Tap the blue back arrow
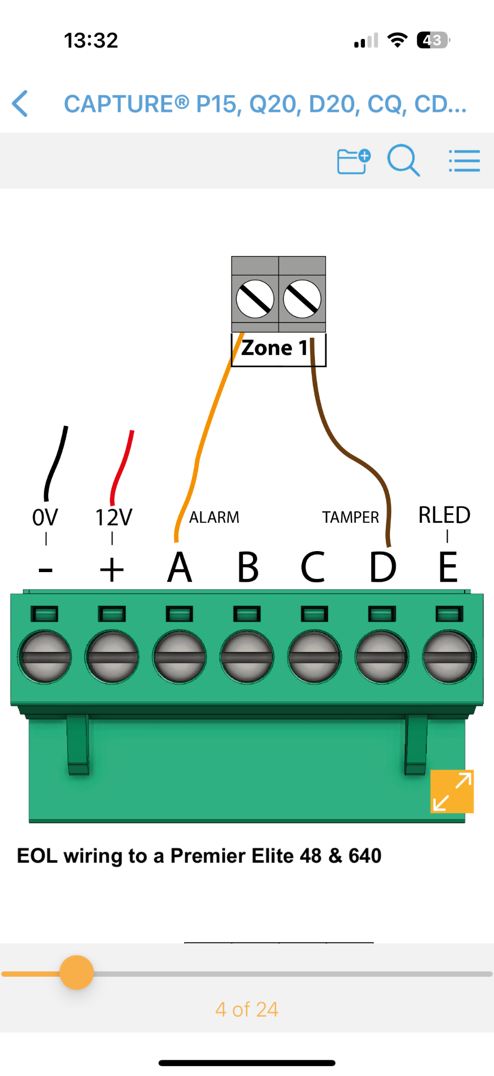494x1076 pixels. click(x=20, y=103)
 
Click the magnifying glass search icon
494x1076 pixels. click(x=403, y=160)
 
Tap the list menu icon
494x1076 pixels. click(x=464, y=161)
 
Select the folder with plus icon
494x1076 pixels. click(x=353, y=161)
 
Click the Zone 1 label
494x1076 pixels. click(x=275, y=348)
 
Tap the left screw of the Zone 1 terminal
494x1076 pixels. click(x=255, y=299)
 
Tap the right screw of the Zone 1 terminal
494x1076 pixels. click(x=302, y=299)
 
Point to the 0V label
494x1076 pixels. click(x=45, y=518)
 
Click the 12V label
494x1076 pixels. click(x=113, y=518)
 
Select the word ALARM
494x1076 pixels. click(x=214, y=518)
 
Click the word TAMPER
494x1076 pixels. click(x=351, y=518)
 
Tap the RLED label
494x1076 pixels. click(x=444, y=515)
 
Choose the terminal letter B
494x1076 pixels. click(x=248, y=567)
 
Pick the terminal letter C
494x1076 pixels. click(x=313, y=567)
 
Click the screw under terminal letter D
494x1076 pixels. click(x=382, y=657)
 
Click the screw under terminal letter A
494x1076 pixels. click(x=180, y=657)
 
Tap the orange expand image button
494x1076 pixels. click(x=452, y=791)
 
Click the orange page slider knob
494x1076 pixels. click(x=77, y=972)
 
